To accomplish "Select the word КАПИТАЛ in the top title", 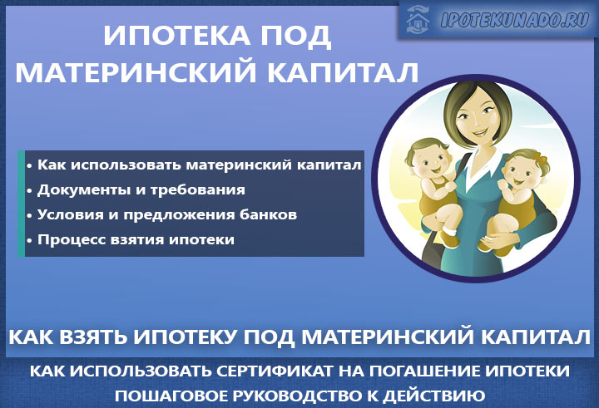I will click(x=353, y=72).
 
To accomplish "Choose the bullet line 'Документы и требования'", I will click(x=141, y=189).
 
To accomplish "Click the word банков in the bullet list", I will click(x=270, y=214).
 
